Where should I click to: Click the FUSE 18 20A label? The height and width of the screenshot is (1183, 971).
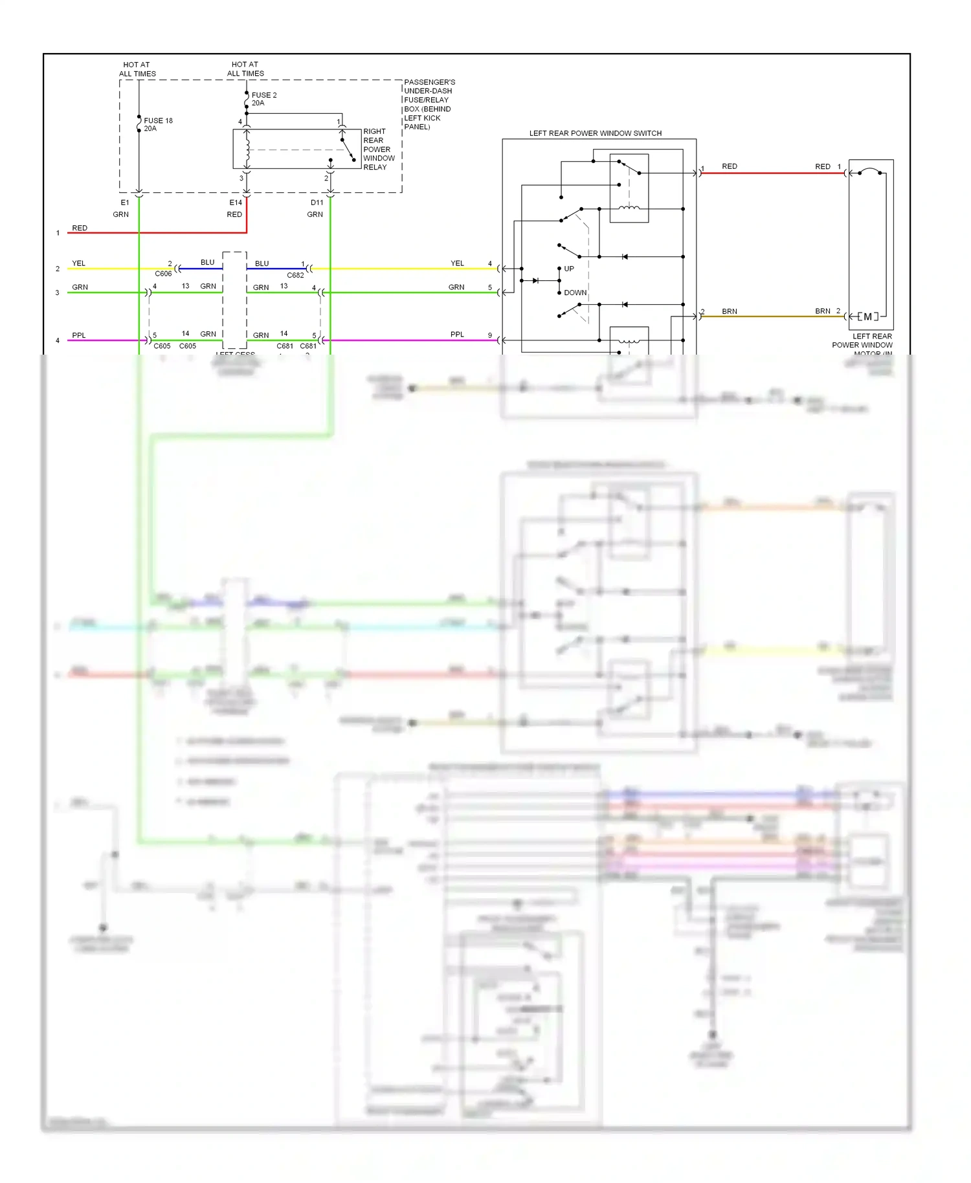[x=158, y=124]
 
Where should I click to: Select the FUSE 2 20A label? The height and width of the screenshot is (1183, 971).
[x=264, y=99]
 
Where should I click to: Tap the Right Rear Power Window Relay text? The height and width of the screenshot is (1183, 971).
[x=378, y=149]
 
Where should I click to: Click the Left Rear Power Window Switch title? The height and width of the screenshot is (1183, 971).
[x=595, y=133]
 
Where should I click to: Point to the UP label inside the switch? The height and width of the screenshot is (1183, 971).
[x=569, y=269]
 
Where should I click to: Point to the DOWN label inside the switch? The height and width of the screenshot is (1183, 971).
[x=575, y=293]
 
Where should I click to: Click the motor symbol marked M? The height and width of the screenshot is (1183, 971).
[x=867, y=316]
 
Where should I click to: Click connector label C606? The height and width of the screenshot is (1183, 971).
[x=163, y=274]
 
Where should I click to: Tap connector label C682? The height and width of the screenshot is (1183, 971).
[x=295, y=275]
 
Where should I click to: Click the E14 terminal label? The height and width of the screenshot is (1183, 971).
[x=236, y=203]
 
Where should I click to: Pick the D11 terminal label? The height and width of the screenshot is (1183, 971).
[x=317, y=203]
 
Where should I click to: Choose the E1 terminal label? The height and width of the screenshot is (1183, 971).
[x=125, y=203]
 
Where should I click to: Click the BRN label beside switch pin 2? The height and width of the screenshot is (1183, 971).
[x=730, y=311]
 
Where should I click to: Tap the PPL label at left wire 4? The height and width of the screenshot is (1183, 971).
[x=79, y=335]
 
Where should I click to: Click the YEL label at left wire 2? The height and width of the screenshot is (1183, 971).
[x=78, y=263]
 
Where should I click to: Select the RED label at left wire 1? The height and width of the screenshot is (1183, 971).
[x=80, y=228]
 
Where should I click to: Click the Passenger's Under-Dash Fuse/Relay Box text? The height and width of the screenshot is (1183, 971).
[x=429, y=104]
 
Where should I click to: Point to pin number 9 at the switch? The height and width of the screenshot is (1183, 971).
[x=489, y=335]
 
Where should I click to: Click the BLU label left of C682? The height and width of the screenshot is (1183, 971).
[x=262, y=263]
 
